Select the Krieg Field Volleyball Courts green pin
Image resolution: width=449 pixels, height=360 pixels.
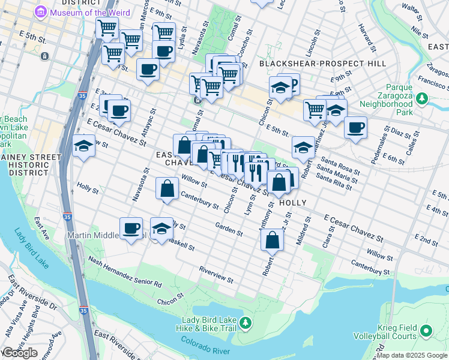(426, 331)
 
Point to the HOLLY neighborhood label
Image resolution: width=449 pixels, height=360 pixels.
(294, 203)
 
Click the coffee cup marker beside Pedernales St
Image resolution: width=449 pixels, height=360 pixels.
(355, 128)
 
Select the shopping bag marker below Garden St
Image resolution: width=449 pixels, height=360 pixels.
(272, 240)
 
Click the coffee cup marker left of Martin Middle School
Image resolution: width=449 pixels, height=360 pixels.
(131, 228)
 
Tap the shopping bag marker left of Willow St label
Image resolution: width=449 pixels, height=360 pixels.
(167, 189)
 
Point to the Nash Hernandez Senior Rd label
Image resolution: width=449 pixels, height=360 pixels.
(125, 271)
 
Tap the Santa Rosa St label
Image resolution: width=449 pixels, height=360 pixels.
(340, 166)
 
